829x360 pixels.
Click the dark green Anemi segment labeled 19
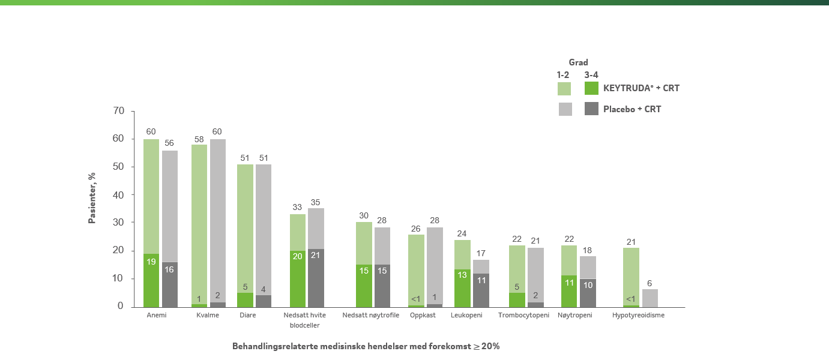click(x=151, y=280)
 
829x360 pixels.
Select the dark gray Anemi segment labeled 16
click(x=170, y=284)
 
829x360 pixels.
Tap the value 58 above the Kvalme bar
click(x=199, y=139)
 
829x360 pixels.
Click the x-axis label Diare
click(x=247, y=315)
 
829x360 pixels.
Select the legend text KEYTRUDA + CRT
click(x=641, y=88)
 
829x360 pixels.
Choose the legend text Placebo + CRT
click(x=632, y=109)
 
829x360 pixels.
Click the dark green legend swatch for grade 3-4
click(x=591, y=88)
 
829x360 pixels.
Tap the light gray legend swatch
click(x=565, y=109)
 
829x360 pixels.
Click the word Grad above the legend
click(x=578, y=62)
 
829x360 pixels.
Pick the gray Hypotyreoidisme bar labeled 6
click(x=650, y=298)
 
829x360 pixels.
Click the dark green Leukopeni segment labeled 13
click(x=462, y=288)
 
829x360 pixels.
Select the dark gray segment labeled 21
click(x=316, y=278)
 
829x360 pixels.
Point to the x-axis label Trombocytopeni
click(x=523, y=315)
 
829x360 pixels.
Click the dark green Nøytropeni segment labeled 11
click(x=568, y=291)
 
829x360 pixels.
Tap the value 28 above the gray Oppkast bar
click(x=435, y=220)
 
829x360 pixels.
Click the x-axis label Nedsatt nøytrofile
click(x=370, y=315)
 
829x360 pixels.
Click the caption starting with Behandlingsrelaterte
click(x=366, y=346)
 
